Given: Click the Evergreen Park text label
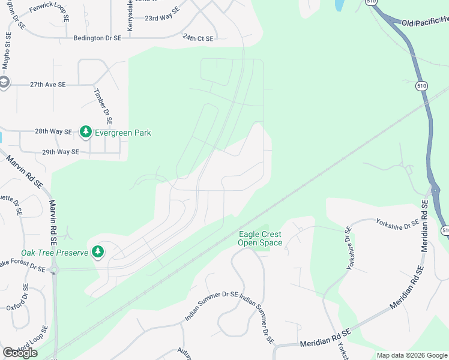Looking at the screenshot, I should click(x=123, y=133).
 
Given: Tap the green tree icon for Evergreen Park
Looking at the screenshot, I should click(x=86, y=131).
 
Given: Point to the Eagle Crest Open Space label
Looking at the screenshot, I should click(x=260, y=238).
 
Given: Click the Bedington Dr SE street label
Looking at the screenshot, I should click(x=97, y=37).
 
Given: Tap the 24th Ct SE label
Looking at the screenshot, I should click(x=198, y=38).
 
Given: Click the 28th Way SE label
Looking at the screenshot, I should click(x=53, y=131).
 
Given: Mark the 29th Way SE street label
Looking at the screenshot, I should click(x=61, y=152).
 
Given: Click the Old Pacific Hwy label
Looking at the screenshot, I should click(x=424, y=23).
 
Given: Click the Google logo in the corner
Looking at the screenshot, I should click(x=20, y=353).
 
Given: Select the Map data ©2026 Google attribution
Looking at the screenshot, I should click(x=411, y=355).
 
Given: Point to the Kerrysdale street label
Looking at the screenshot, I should click(x=130, y=16).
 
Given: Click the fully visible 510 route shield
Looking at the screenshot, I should click(x=422, y=86).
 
